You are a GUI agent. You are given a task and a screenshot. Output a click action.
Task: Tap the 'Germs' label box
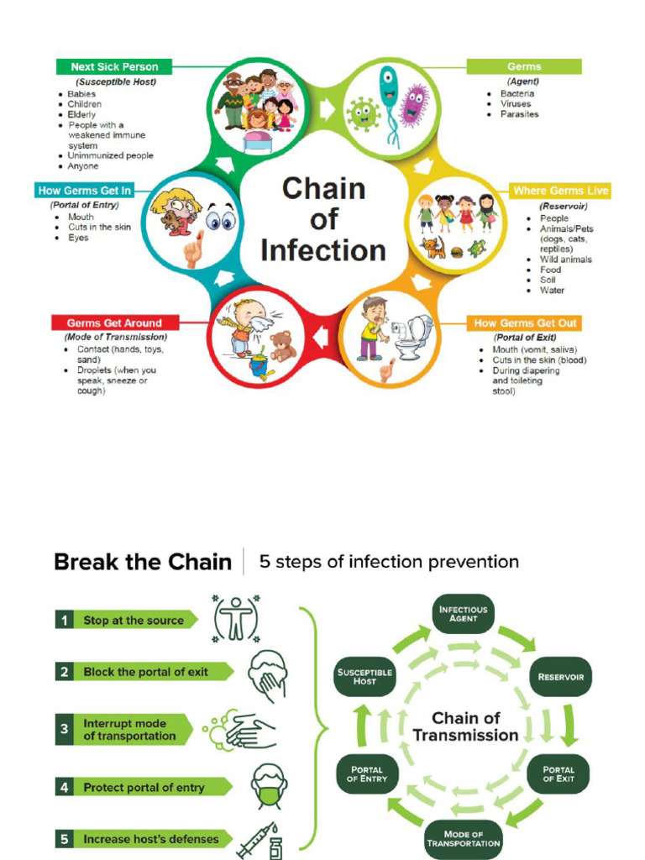click(x=524, y=66)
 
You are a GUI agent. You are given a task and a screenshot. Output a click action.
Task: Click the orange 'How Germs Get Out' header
click(x=525, y=322)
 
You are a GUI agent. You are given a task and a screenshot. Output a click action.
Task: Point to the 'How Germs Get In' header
click(x=85, y=191)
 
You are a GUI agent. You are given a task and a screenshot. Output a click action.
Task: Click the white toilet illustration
click(x=412, y=337)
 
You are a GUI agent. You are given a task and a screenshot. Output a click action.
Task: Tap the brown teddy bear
click(x=282, y=345)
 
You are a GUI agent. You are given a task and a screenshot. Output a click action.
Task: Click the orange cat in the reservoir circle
click(x=433, y=248)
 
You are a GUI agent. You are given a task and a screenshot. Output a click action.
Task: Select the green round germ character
click(x=363, y=113)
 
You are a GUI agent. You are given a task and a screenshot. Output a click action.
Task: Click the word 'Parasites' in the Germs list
click(x=519, y=114)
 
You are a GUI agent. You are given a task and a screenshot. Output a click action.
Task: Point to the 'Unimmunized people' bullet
click(x=110, y=155)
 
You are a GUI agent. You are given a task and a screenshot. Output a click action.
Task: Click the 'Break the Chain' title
click(x=142, y=562)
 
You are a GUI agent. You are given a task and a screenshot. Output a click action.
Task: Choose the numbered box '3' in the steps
click(x=64, y=730)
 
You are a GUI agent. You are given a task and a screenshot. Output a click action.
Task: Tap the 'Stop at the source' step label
click(x=133, y=621)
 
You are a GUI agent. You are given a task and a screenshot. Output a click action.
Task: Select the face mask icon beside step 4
click(x=269, y=786)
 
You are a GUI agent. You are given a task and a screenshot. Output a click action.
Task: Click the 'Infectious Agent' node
click(x=463, y=614)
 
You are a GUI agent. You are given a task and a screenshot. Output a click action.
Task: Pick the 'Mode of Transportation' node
click(x=463, y=839)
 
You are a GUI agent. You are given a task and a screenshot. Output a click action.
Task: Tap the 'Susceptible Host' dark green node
click(x=364, y=676)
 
